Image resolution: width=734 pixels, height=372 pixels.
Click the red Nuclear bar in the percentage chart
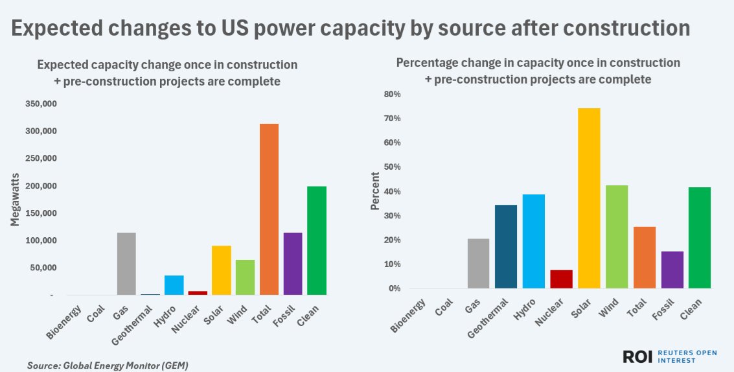click(561, 279)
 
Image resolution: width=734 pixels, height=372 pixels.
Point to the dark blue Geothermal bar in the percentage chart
click(505, 246)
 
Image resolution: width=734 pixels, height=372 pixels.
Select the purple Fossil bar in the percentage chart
click(672, 270)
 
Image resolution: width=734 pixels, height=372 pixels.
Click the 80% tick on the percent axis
click(393, 95)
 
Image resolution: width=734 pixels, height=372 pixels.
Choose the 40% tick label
click(393, 192)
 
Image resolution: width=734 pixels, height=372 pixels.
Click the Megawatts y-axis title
click(15, 200)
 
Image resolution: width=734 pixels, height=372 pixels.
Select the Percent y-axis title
click(374, 192)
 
